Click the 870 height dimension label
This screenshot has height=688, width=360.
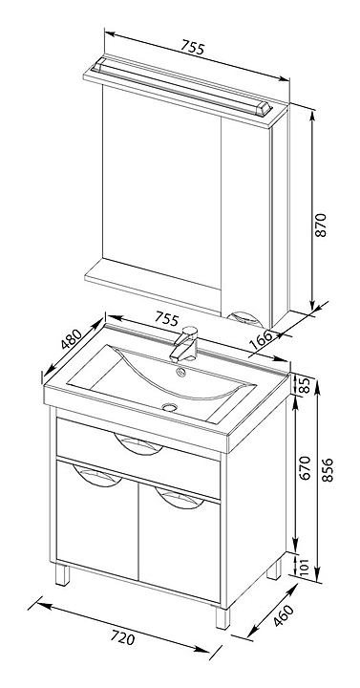point(322,226)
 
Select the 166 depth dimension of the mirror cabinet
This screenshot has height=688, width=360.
point(261,340)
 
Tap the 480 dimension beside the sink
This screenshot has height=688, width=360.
point(71,339)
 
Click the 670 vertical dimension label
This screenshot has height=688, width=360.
point(305,467)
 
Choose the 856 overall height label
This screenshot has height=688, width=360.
point(328,470)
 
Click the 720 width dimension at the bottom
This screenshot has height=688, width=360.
point(122,637)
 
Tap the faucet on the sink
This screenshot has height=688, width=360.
point(184,343)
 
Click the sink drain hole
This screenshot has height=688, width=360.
point(169,407)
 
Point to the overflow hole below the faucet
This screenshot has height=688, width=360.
point(180,373)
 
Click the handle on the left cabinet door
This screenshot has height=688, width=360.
point(97,477)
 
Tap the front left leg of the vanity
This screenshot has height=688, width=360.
point(63,574)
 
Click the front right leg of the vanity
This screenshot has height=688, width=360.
point(222,617)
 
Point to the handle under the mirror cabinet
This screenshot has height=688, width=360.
point(247,318)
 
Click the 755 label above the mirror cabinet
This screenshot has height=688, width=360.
point(193,47)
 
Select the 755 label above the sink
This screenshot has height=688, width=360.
point(167,318)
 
